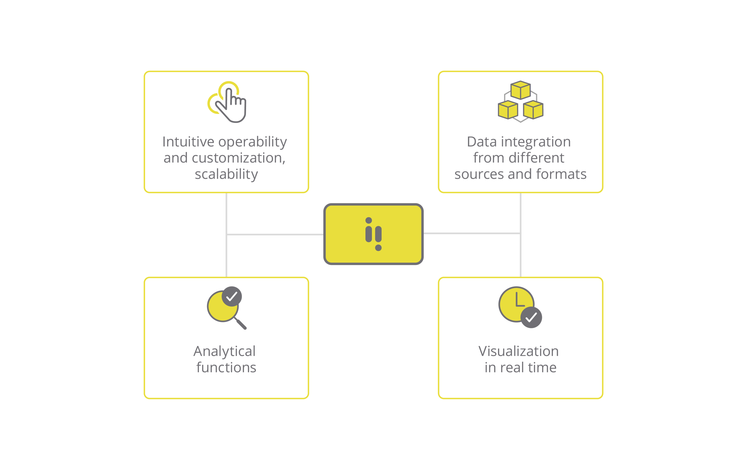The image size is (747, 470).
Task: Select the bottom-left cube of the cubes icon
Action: pos(508,110)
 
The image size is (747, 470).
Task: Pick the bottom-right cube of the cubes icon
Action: pos(533,110)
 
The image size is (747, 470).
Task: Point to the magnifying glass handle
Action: pos(241,324)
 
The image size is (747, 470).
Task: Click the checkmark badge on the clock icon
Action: pos(531,317)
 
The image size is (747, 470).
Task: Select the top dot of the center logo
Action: pos(369,220)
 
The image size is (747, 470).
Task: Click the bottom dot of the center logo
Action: pos(378,248)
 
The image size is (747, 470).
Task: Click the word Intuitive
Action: pos(188,142)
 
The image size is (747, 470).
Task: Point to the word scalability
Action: pos(226,174)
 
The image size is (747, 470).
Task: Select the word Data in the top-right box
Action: pos(482,142)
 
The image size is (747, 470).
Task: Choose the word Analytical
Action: pos(225,351)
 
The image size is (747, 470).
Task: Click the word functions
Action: pos(226,368)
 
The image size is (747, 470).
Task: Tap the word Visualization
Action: pos(518,351)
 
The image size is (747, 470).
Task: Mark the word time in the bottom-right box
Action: pos(542,368)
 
